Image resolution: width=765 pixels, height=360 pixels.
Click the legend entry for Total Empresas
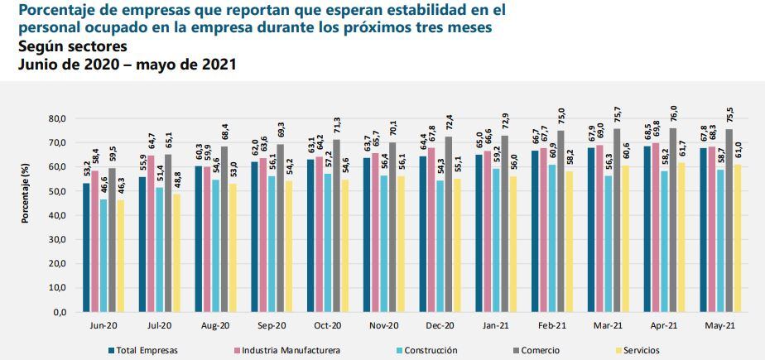pyautogui.click(x=147, y=350)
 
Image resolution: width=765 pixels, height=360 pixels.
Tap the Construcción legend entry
pyautogui.click(x=423, y=350)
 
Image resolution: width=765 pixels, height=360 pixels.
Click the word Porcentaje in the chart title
pyautogui.click(x=54, y=10)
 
